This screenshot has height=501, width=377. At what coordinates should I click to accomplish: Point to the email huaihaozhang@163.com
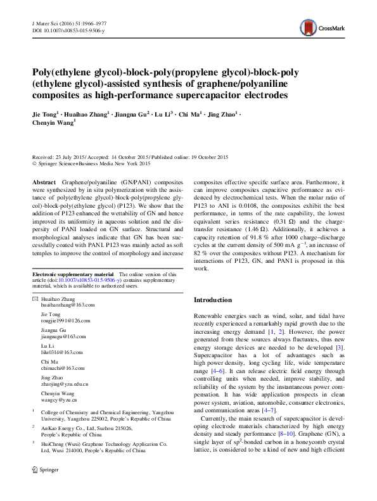click(x=67, y=304)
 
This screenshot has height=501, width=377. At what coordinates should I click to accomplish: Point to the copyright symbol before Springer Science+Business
click(x=34, y=163)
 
